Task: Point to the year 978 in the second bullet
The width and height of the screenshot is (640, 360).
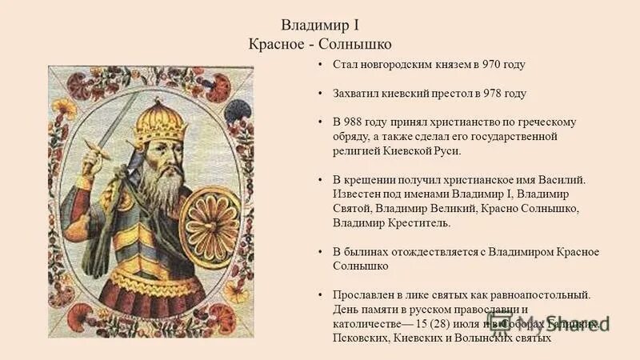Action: coord(494,94)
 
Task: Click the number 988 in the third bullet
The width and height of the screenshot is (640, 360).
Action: coord(355,122)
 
